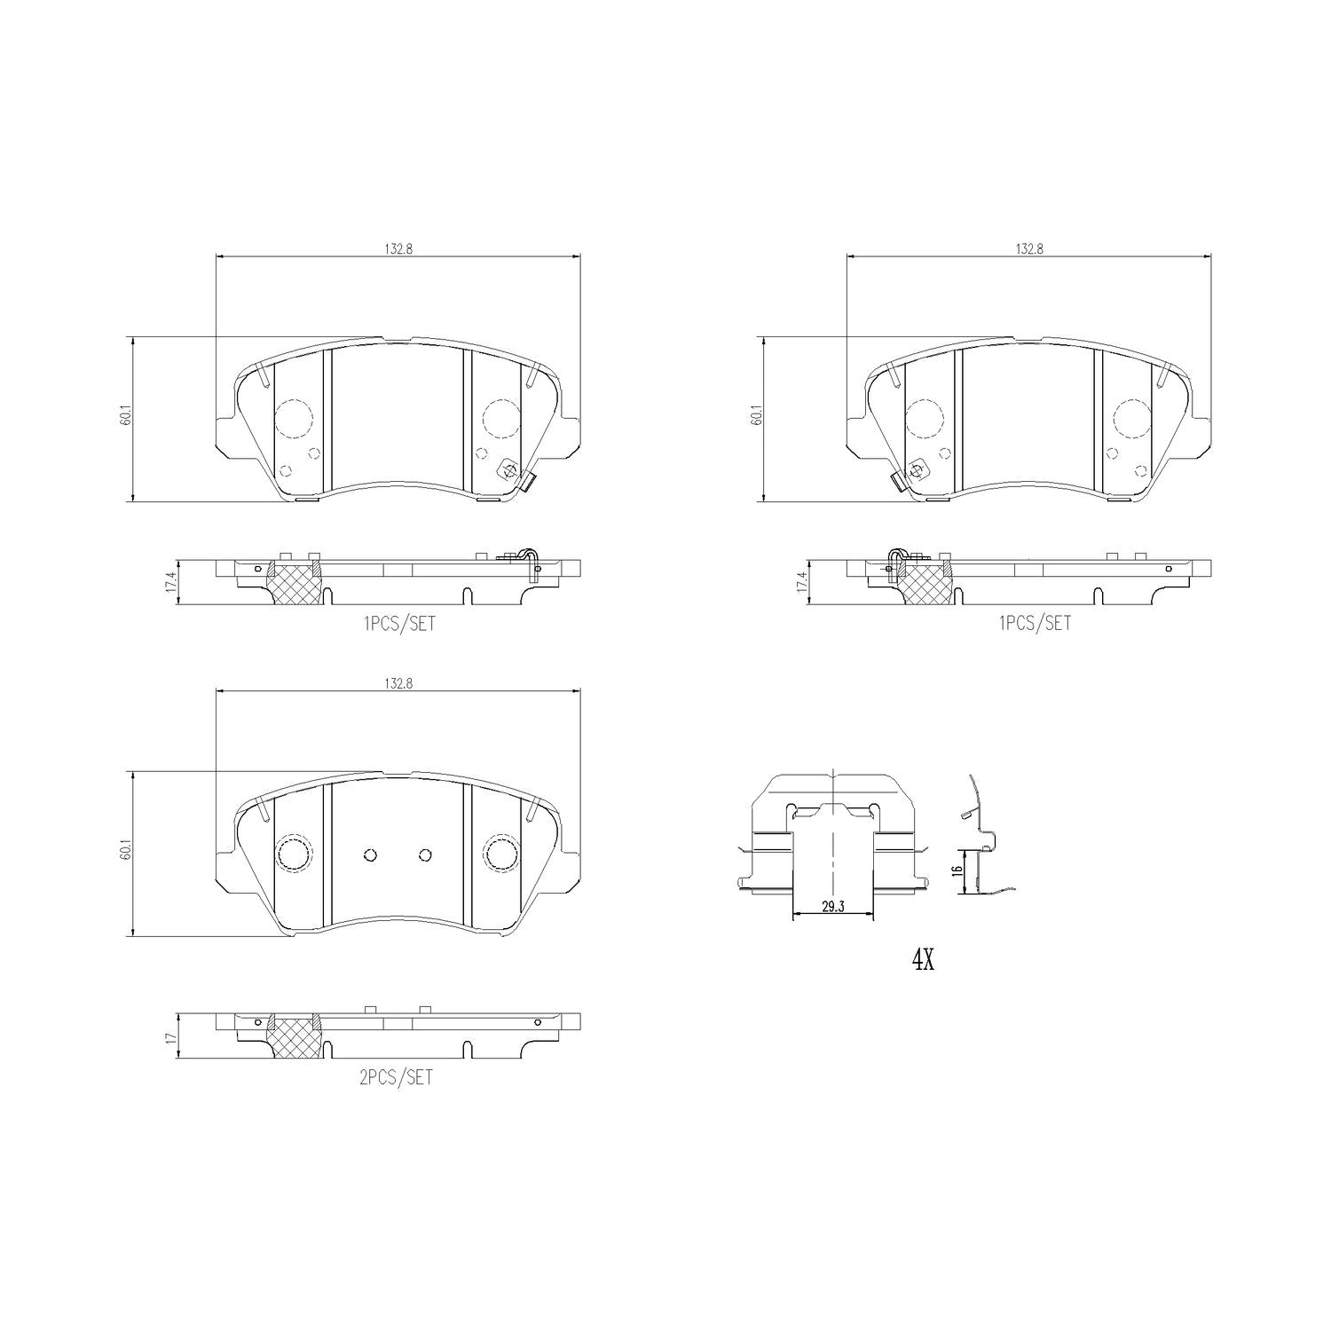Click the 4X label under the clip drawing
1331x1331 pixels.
click(923, 959)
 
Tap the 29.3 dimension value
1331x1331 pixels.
click(831, 906)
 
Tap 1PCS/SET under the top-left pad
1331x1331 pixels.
click(400, 623)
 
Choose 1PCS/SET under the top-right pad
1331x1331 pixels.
click(1036, 623)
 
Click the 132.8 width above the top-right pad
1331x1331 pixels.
click(1029, 249)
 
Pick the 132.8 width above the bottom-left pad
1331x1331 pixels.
click(398, 683)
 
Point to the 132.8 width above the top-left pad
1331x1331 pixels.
click(398, 249)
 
